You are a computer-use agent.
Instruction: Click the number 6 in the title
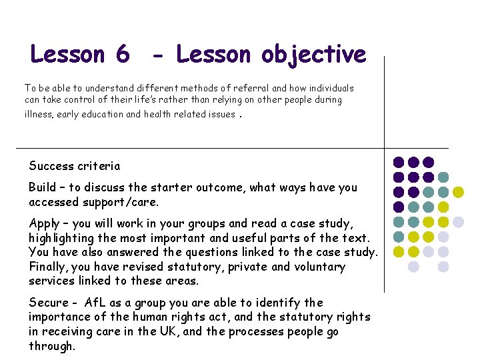click(x=122, y=54)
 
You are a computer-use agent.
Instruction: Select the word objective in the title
click(x=313, y=54)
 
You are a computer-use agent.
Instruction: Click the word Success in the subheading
click(x=52, y=166)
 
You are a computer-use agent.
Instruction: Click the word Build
click(x=42, y=188)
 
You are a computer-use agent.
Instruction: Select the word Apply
click(x=44, y=224)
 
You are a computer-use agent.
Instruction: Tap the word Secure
click(x=47, y=303)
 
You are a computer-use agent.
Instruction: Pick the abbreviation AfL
click(x=97, y=303)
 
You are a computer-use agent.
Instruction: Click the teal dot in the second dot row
click(x=443, y=177)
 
